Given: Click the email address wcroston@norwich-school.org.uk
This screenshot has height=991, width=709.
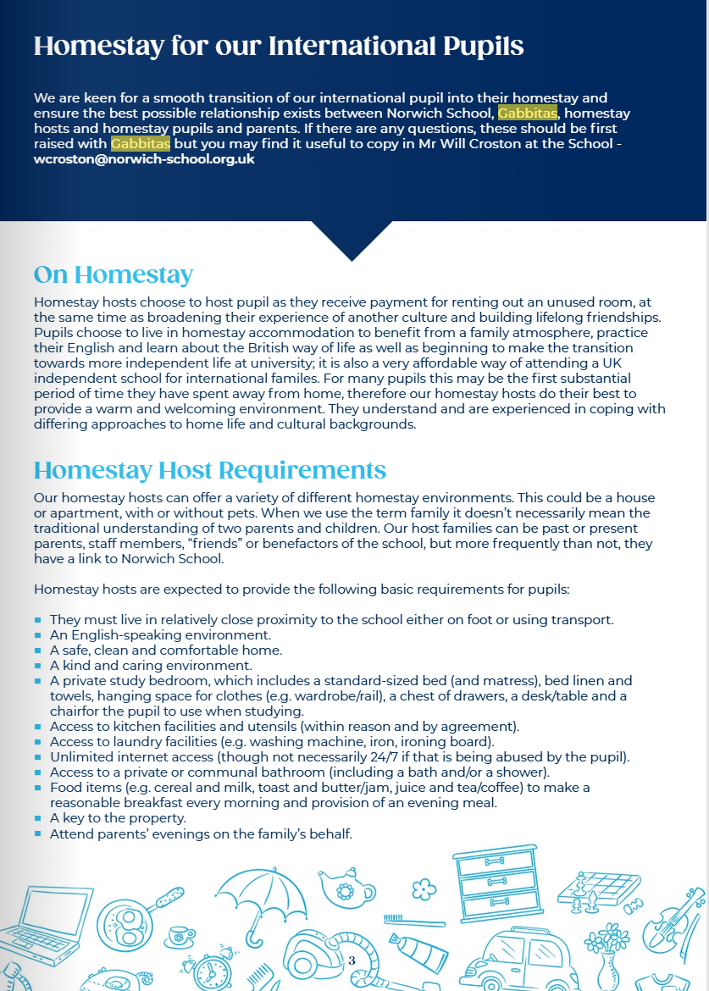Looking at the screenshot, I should coord(144,159).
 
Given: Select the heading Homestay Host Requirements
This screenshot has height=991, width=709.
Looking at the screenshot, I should coord(209,470).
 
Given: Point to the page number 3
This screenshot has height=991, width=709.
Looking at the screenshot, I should coord(352,961).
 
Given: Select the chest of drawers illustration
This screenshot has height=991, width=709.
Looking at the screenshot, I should coord(496,881).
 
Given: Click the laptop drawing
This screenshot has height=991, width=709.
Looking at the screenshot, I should coord(37,923).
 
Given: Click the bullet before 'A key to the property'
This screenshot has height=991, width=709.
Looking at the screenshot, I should coord(38,819).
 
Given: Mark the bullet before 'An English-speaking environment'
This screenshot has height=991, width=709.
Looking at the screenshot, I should coord(38,634).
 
